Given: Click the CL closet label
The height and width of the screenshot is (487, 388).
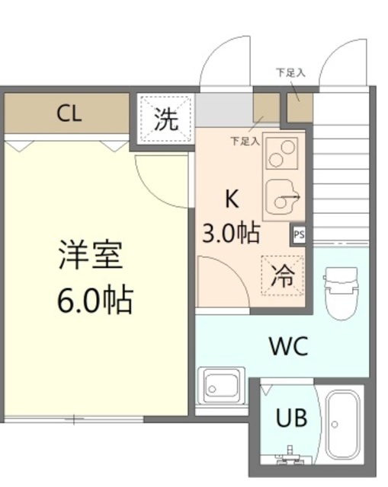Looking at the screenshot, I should coord(68,115).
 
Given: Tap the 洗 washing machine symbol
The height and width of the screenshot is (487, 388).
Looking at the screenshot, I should coord(165,119).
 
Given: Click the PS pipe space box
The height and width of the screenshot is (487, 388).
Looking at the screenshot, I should coord(300,234).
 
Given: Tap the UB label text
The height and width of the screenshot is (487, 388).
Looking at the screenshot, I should coord(292,418).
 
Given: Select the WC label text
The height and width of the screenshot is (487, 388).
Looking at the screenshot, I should coord(288,347).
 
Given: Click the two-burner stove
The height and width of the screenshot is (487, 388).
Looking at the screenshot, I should coord(281,156).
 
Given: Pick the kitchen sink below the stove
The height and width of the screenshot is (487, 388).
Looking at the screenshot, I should coord(283,200).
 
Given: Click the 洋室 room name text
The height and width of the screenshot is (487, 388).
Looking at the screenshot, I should coord(90,255).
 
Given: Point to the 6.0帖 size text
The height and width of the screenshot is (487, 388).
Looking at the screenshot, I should coord(95,301).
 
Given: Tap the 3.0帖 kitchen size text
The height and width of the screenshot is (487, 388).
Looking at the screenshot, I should coord(230,232).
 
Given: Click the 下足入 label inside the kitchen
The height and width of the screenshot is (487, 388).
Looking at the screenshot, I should coord(245,141).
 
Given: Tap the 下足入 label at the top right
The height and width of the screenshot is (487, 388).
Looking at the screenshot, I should coord(290,73).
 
